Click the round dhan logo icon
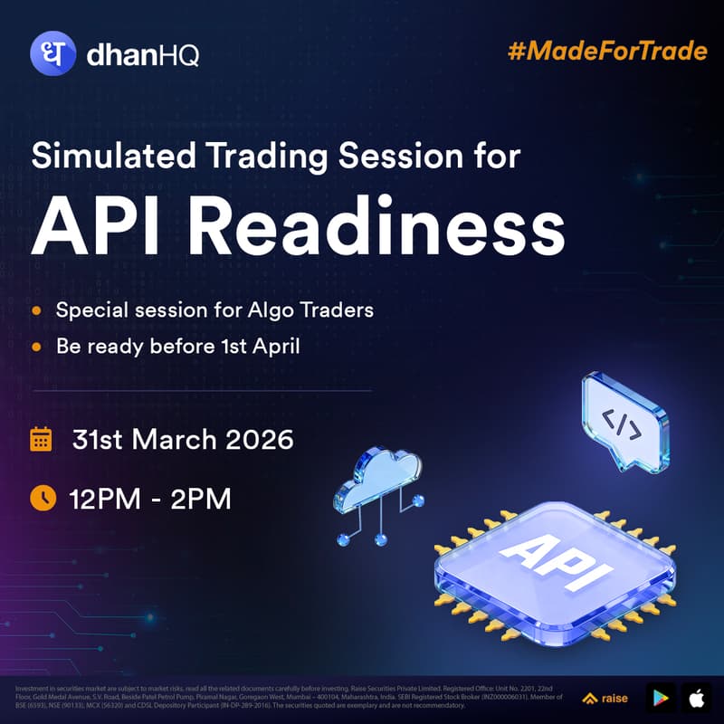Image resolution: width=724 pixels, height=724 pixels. (53, 55)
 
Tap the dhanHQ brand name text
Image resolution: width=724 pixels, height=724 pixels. (142, 56)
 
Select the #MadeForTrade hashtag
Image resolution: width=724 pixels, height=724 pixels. (607, 50)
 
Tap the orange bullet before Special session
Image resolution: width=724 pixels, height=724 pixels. (36, 310)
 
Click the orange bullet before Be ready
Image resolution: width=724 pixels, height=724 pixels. (36, 346)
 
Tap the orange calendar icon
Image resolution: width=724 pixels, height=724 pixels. (41, 440)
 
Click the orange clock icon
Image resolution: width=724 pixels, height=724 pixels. (42, 497)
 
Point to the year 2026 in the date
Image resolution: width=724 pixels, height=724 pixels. (260, 440)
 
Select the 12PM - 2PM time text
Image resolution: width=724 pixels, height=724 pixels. (149, 497)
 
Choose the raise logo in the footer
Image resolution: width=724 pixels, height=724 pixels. (606, 698)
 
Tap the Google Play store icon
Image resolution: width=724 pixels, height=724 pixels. (661, 698)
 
